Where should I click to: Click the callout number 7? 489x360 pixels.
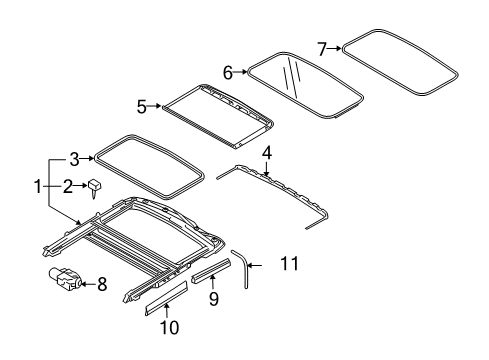[x=322, y=49]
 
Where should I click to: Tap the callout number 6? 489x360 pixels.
[x=228, y=72]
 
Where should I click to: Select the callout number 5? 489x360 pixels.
[x=142, y=107]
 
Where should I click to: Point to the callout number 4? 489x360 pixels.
[x=267, y=153]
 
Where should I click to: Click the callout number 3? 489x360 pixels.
[x=74, y=159]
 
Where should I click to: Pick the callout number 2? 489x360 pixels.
[x=68, y=186]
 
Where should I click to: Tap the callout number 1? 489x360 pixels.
[x=38, y=186]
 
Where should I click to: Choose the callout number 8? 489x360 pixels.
[x=102, y=284]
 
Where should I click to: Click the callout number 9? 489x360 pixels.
[x=214, y=298]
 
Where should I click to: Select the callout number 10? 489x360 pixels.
[x=170, y=327]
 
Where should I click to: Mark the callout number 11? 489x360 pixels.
[x=290, y=264]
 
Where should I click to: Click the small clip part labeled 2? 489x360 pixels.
[x=95, y=188]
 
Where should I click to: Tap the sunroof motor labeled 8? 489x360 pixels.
[x=65, y=277]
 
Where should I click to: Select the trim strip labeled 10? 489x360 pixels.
[x=166, y=298]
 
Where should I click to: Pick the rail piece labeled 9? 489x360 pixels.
[x=211, y=270]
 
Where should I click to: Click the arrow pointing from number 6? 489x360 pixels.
[x=240, y=72]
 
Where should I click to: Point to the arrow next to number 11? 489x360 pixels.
[x=255, y=265]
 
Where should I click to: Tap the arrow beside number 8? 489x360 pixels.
[x=88, y=284]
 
